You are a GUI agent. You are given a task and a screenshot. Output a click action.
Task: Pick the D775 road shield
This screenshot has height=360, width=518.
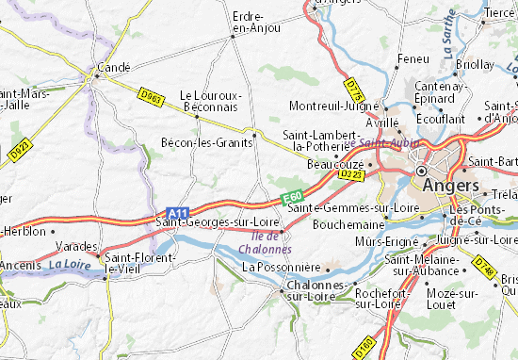click(x=353, y=90)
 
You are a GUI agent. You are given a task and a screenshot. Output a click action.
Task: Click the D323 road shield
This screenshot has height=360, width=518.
click(x=351, y=174)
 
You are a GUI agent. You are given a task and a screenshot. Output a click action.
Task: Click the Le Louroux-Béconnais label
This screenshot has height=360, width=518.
click(x=210, y=102)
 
